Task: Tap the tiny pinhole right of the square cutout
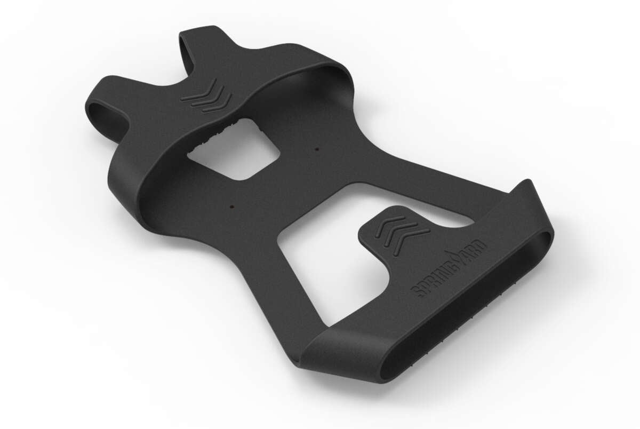point(317,149)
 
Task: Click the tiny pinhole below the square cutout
point(233,204)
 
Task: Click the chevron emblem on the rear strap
point(206,96)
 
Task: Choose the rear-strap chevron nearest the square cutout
point(213,102)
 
